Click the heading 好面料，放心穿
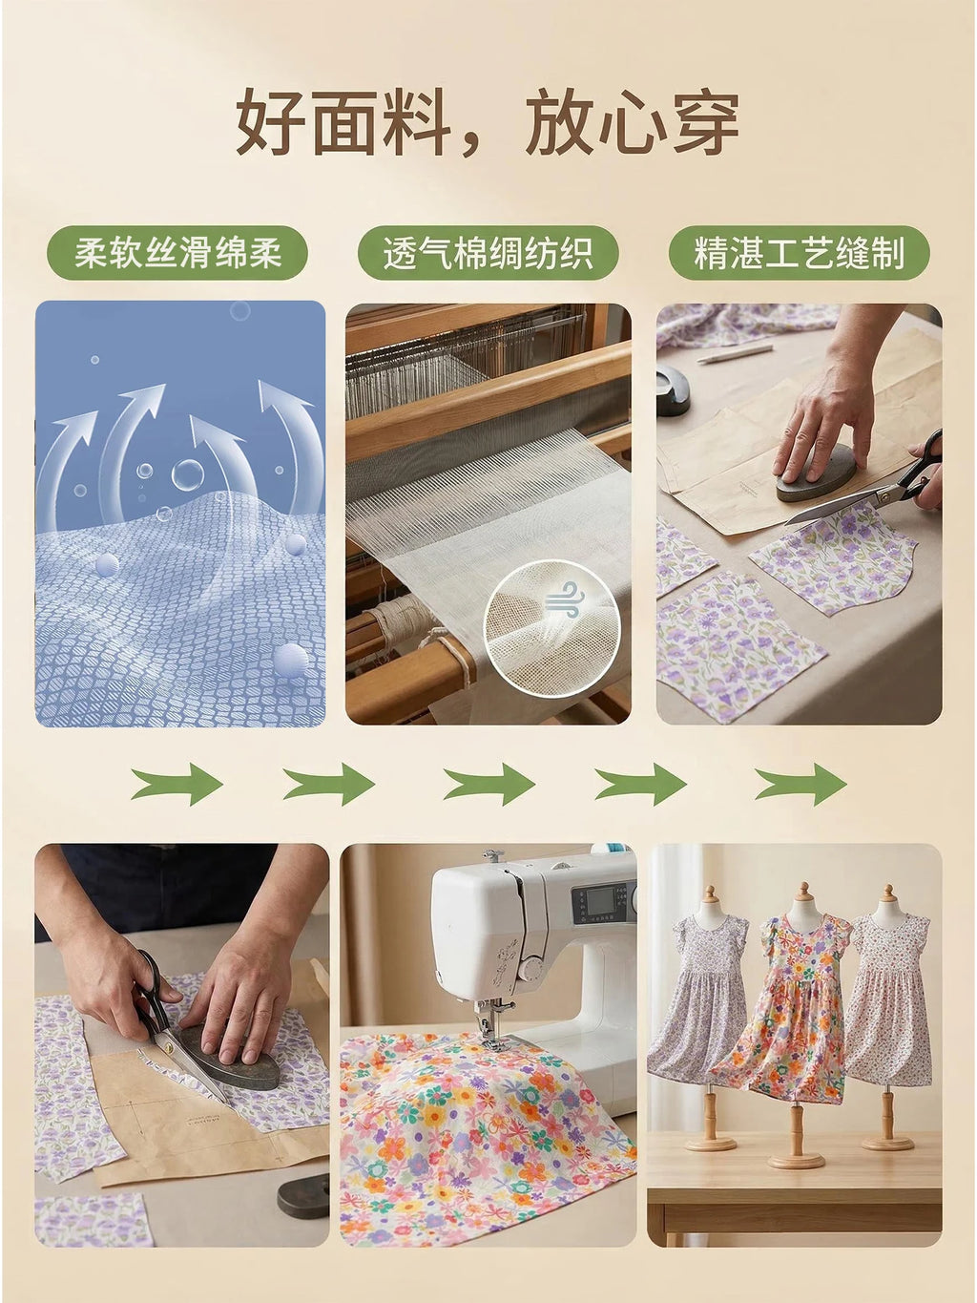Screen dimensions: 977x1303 point(488,123)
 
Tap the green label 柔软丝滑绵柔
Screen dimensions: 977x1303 point(177,253)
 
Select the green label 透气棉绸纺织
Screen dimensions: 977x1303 point(488,253)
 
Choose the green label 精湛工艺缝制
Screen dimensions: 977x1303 point(799,253)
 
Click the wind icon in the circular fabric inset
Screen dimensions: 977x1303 point(564,598)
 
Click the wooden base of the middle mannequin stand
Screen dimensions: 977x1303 point(796,1160)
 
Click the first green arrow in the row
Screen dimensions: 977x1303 point(177,784)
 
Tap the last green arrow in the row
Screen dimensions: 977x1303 point(800,784)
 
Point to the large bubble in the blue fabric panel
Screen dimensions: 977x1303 point(187,474)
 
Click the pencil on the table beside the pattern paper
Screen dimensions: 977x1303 point(735,354)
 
